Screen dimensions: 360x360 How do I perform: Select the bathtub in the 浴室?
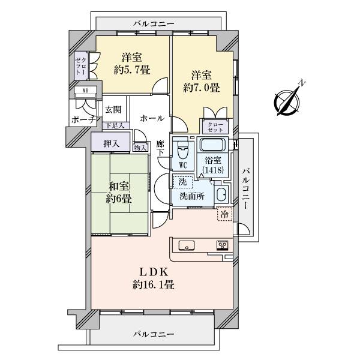(213, 145)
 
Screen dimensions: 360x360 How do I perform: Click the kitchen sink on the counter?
(187, 245)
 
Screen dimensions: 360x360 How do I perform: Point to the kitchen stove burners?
(222, 245)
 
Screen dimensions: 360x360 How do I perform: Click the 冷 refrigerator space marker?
(224, 214)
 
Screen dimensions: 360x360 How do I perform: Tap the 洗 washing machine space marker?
(183, 182)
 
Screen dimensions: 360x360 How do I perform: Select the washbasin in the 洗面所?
(221, 194)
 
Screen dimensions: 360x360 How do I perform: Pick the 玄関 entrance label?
(113, 110)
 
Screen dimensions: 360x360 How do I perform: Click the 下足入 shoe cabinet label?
(115, 125)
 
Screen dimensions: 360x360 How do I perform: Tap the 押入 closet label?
(112, 144)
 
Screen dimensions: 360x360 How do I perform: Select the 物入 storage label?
(140, 148)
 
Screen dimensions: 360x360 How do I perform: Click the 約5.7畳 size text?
(132, 70)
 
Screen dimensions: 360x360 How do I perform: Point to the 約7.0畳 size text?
(202, 88)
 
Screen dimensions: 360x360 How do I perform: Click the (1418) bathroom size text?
(213, 170)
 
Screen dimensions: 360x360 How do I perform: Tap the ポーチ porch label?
(83, 119)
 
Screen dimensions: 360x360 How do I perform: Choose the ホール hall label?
(152, 118)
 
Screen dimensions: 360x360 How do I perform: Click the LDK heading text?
(154, 272)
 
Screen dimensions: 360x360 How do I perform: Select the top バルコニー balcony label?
(154, 23)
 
